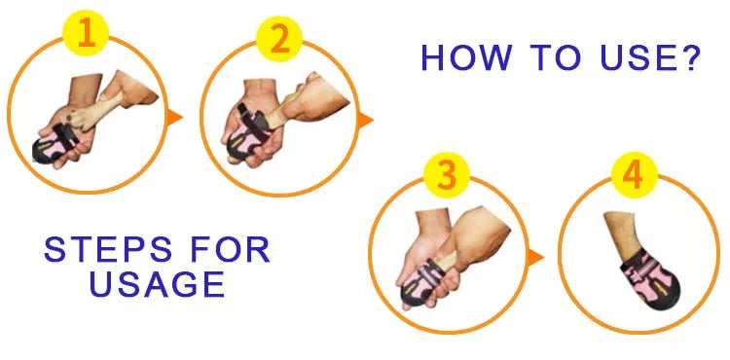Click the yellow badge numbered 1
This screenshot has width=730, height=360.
[x=86, y=33]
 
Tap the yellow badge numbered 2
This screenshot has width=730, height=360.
[x=279, y=39]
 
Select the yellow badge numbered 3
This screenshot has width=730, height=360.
[x=447, y=175]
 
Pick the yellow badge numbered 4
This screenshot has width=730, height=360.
[x=634, y=175]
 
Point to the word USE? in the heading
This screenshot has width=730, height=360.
[x=650, y=57]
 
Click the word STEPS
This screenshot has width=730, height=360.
[x=108, y=250]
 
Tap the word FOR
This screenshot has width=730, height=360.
[x=231, y=250]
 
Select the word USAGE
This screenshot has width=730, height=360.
[x=158, y=284]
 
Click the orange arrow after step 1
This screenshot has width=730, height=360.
[x=173, y=117]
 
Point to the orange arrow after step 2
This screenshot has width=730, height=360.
[x=364, y=121]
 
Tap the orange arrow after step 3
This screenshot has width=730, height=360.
[x=534, y=257]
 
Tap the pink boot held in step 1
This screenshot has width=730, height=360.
[x=55, y=143]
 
